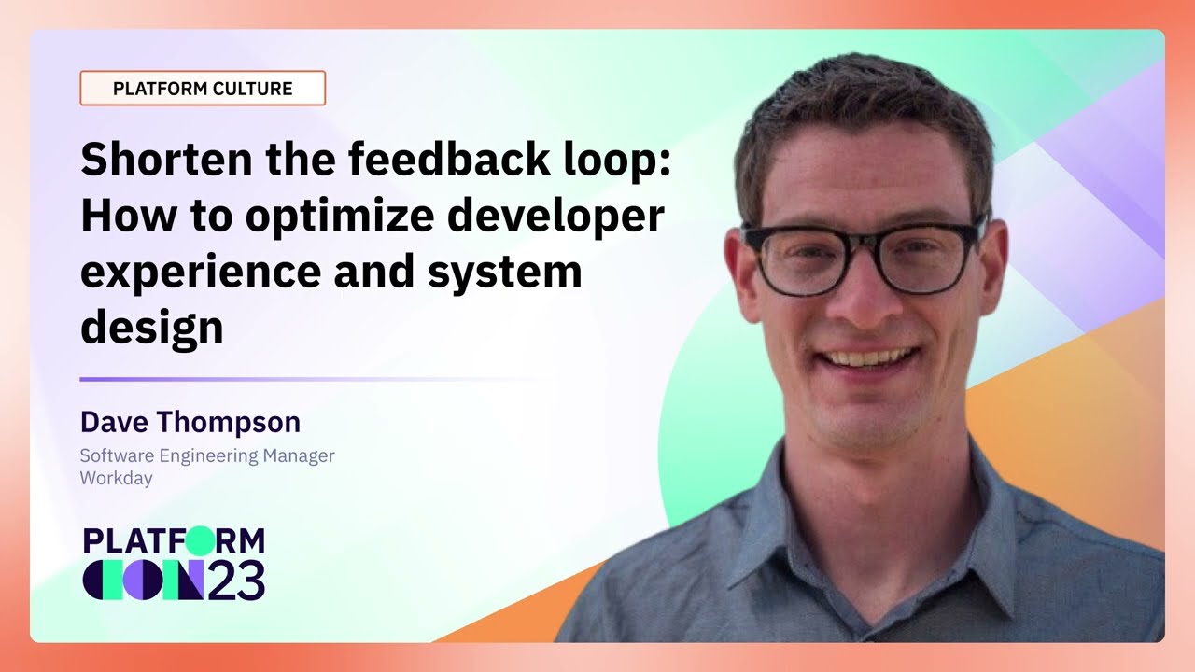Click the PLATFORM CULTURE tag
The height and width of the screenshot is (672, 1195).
pos(203,89)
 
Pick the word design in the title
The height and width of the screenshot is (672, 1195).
pos(151,328)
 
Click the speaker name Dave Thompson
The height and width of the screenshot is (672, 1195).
pos(190,422)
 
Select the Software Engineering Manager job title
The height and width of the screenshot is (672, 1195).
pos(207,455)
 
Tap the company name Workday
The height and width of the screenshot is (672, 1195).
pos(116,478)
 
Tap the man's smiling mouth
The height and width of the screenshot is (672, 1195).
pos(869,358)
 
